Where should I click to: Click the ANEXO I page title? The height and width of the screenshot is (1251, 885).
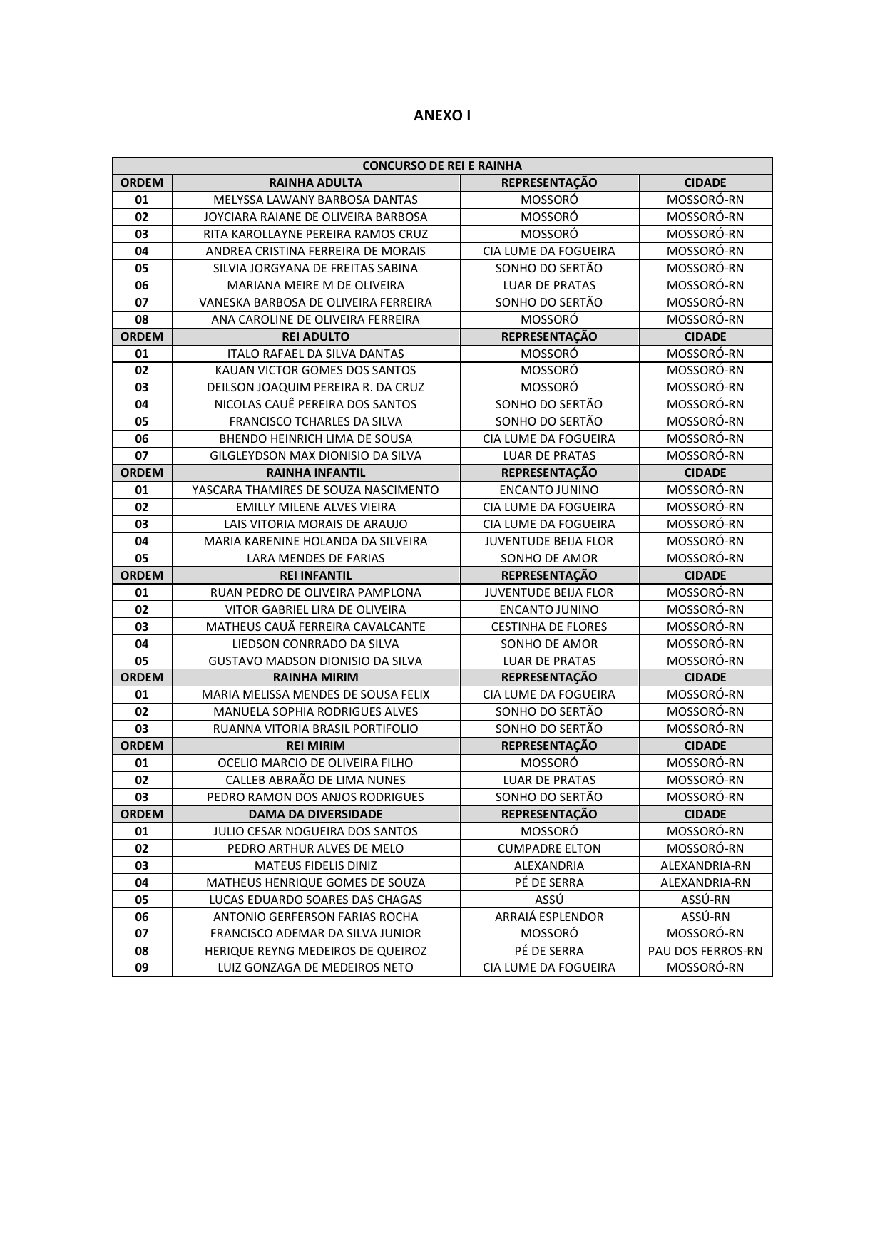(442, 115)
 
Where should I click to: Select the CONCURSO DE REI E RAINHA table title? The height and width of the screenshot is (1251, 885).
(442, 165)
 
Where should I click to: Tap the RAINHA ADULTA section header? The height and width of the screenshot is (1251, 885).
(315, 182)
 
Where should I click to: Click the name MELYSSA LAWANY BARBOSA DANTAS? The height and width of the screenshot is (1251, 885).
(315, 200)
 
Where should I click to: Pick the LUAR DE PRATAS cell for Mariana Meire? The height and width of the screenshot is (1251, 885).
(549, 285)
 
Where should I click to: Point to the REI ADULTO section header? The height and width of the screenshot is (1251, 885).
(315, 336)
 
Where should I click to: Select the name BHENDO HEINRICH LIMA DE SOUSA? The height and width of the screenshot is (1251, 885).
(315, 438)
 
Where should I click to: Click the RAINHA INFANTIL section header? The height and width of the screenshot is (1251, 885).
(315, 473)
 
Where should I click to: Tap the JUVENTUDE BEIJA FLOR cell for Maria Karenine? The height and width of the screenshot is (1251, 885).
(549, 541)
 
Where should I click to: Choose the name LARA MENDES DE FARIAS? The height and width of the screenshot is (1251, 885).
(315, 558)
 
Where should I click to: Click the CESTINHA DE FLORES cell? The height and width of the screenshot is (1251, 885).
(549, 627)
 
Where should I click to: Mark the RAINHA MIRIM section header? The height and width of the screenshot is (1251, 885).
(315, 677)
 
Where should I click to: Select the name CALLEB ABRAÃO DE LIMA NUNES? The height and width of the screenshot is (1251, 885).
(315, 780)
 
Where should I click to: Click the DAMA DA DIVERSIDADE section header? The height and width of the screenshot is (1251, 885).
(315, 814)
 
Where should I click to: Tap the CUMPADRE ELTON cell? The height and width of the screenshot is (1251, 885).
(549, 848)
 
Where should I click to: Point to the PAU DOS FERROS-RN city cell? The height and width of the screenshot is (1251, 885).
(705, 951)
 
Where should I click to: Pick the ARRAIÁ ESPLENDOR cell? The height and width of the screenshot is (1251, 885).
(549, 917)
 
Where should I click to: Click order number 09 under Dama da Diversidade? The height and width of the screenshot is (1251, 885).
(142, 967)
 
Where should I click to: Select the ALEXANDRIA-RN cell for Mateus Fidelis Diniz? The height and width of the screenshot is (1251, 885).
(705, 865)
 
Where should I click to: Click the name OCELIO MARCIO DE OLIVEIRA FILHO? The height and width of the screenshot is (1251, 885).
(315, 763)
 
